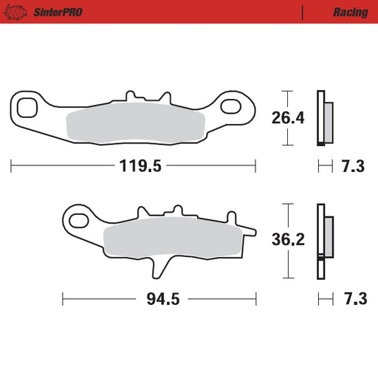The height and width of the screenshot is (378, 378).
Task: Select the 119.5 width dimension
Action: tap(140, 166)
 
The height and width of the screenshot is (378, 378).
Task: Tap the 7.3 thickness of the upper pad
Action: tap(352, 166)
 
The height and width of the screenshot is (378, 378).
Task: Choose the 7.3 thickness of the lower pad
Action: tap(352, 299)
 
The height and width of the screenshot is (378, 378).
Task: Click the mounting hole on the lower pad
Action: tap(77, 218)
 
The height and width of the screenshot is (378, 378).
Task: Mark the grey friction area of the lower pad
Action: tap(170, 240)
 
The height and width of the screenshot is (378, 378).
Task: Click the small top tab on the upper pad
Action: tap(132, 97)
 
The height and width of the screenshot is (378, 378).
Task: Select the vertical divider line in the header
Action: tap(303, 13)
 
